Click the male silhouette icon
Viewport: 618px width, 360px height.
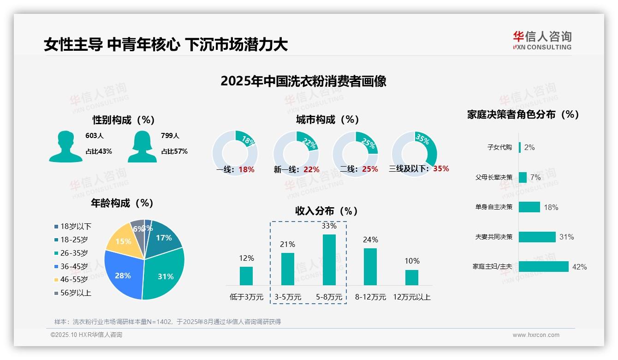tap(65, 147)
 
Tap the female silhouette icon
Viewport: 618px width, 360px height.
tap(142, 147)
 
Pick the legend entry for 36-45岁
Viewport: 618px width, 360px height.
tap(74, 266)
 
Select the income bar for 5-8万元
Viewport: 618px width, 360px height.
tap(329, 260)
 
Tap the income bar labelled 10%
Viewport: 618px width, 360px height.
tap(412, 277)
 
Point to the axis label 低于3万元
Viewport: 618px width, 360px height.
tap(246, 297)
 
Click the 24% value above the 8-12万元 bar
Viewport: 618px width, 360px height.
tap(370, 240)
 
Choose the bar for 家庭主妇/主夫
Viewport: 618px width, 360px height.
tap(543, 267)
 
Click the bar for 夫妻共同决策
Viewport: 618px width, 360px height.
tap(537, 237)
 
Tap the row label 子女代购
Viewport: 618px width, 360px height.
tap(499, 147)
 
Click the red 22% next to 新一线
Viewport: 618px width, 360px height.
tap(311, 169)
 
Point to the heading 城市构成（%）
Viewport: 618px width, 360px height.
tap(327, 120)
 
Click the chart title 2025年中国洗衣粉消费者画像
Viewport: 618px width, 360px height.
tap(303, 81)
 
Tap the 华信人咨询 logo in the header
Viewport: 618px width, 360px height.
tap(542, 40)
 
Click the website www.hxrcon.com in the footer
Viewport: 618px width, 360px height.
tap(536, 335)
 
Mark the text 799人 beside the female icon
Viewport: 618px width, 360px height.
tap(170, 136)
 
